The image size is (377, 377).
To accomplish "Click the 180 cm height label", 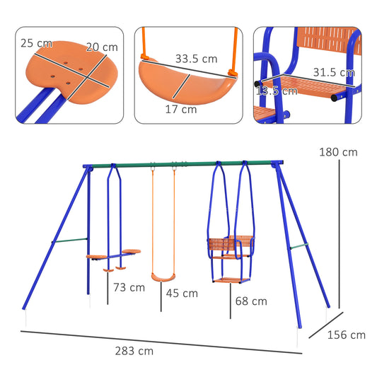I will click(338, 152).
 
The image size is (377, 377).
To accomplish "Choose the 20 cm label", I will click(101, 47).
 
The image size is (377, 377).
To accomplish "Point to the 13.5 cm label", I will click(276, 91).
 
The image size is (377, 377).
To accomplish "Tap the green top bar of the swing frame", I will click(191, 165).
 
